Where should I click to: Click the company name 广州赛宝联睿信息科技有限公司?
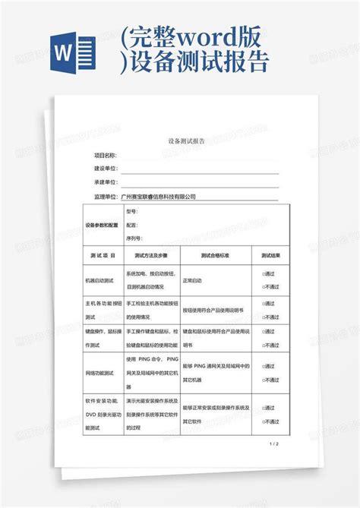pyautogui.click(x=159, y=197)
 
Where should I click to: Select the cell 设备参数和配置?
pyautogui.click(x=102, y=226)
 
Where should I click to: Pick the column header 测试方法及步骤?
pyautogui.click(x=150, y=256)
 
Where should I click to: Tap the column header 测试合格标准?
pyautogui.click(x=215, y=256)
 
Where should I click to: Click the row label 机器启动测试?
pyautogui.click(x=99, y=280)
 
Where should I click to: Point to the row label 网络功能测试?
pyautogui.click(x=99, y=373)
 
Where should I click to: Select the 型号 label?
pyautogui.click(x=131, y=212)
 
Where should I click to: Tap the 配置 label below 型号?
pyautogui.click(x=131, y=225)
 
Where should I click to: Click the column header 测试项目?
pyautogui.click(x=102, y=256)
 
